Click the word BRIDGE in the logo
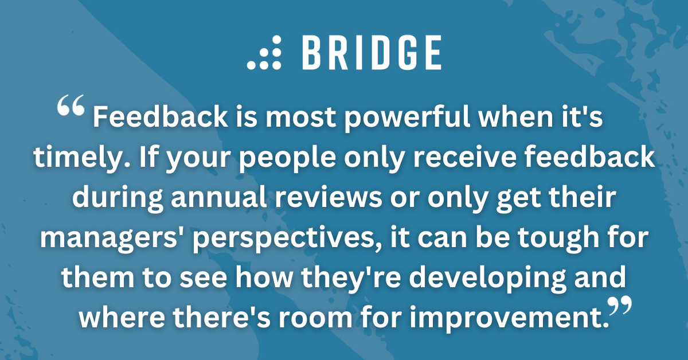pos(372,53)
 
